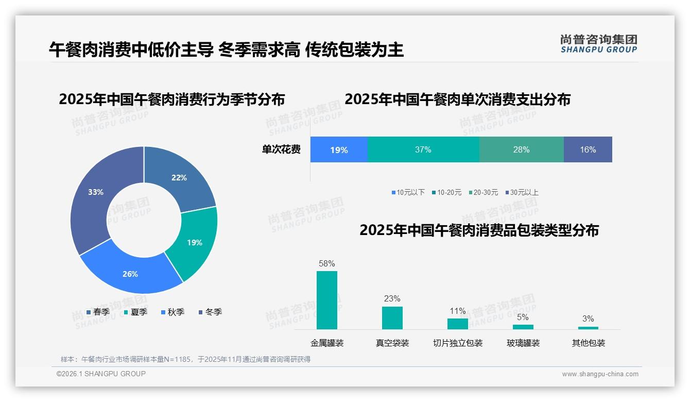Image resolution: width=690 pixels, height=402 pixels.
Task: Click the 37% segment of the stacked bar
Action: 423,149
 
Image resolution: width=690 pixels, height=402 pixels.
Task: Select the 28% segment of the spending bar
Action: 521,149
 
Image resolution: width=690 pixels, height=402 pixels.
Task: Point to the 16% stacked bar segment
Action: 588,149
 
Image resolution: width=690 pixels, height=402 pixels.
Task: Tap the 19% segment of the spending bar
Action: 339,149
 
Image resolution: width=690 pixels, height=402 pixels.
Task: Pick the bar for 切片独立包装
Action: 458,324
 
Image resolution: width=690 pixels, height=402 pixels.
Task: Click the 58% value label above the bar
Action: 327,263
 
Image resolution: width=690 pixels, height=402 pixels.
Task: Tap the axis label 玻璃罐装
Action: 523,343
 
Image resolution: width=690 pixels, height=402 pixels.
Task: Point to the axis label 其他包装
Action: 589,343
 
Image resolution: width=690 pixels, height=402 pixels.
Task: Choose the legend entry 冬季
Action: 211,312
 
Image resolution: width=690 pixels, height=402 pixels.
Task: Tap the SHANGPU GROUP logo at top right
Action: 599,44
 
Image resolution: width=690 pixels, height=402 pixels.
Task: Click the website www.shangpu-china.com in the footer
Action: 600,374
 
